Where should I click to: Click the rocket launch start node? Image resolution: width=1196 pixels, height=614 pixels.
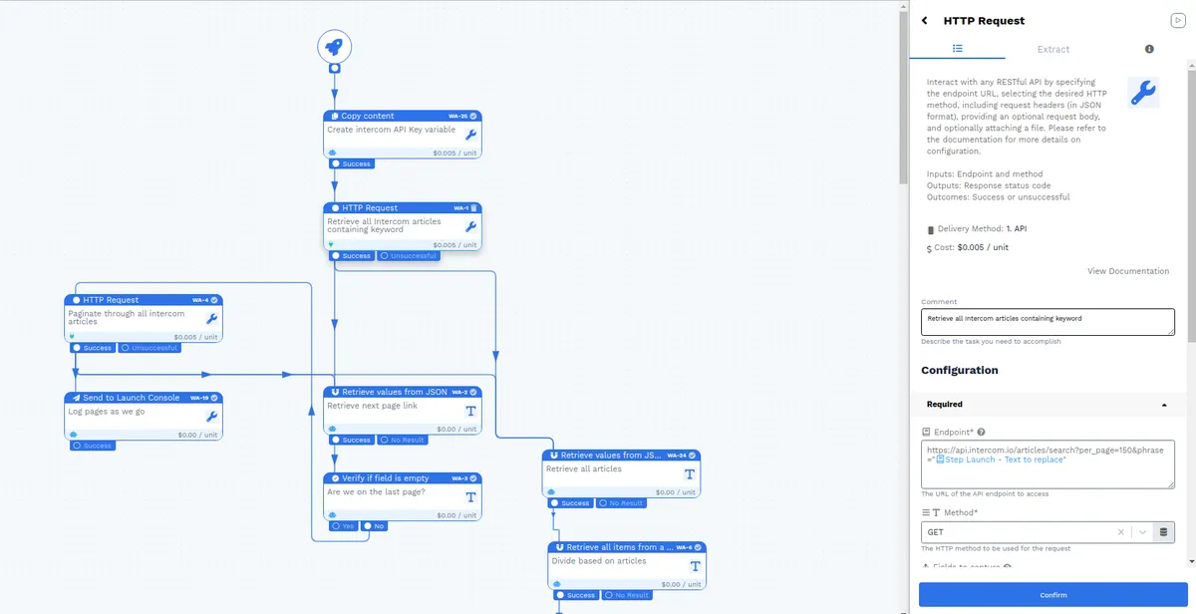(x=335, y=46)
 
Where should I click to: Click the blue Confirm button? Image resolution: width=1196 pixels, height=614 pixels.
(x=1052, y=595)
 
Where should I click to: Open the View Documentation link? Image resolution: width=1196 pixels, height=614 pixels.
(x=1128, y=271)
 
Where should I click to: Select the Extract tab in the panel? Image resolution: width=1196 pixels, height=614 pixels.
(x=1052, y=49)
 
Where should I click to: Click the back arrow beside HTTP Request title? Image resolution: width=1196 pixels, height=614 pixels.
(x=925, y=21)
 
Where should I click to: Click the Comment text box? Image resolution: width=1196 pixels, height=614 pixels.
(x=1047, y=322)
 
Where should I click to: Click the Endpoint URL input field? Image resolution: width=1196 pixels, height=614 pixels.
(x=1047, y=464)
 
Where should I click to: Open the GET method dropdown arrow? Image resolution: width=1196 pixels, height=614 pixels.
(x=1141, y=532)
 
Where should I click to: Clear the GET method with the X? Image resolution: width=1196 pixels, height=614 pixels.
(x=1121, y=532)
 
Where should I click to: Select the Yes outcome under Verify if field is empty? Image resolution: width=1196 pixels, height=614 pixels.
(x=344, y=525)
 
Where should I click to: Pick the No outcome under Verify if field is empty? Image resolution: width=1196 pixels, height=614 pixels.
(x=375, y=525)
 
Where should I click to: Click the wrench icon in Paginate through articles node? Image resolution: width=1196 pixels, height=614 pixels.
(x=211, y=319)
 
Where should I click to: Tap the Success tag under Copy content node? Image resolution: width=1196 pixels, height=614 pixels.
(x=351, y=163)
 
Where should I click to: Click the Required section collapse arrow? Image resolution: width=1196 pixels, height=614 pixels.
(x=1164, y=405)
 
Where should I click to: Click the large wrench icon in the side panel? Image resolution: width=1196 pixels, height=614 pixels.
(x=1142, y=93)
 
